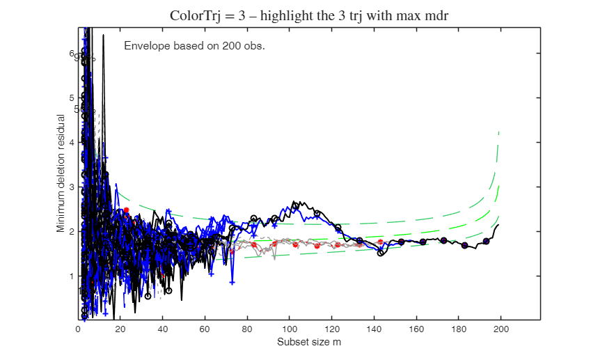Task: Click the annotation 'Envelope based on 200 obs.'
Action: coord(194,46)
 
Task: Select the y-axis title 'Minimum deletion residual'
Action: coord(61,173)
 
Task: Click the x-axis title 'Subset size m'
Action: coord(309,342)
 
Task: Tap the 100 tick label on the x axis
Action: coord(290,329)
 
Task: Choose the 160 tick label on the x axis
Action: coord(416,329)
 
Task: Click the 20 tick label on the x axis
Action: coord(120,329)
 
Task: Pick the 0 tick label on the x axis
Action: coord(78,329)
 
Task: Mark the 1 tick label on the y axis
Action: coord(71,276)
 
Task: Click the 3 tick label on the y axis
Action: coord(71,187)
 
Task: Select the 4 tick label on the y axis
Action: coord(71,142)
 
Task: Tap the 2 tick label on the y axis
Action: coord(71,231)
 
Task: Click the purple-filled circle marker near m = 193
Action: coord(486,241)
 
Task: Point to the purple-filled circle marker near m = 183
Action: coord(465,245)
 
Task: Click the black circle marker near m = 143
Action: coord(381,253)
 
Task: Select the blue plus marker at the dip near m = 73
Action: coord(232,281)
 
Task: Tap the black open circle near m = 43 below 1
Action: coord(169,290)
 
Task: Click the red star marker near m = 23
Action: coord(126,210)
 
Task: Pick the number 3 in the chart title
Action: coord(241,15)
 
